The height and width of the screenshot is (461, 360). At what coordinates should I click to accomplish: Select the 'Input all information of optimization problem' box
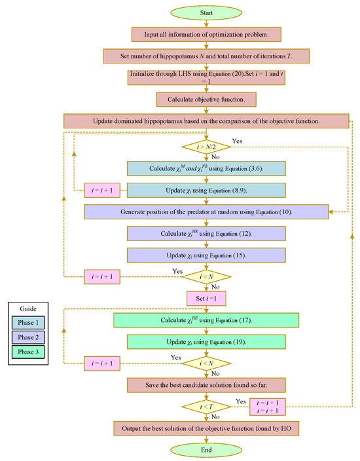(207, 33)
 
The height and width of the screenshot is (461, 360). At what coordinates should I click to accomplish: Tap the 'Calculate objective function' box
(207, 99)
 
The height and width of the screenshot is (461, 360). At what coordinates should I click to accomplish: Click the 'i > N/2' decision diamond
(207, 145)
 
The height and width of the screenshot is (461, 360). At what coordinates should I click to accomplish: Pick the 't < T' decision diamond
(207, 407)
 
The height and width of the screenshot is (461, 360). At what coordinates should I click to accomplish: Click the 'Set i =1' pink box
(207, 298)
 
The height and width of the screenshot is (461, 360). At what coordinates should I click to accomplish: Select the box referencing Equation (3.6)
(207, 168)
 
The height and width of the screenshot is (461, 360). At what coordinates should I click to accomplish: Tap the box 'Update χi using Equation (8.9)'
(207, 189)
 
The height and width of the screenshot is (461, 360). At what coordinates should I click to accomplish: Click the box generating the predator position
(207, 211)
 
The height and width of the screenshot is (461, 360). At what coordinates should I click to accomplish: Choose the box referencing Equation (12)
(207, 233)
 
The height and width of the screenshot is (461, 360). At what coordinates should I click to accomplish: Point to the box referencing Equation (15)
(207, 255)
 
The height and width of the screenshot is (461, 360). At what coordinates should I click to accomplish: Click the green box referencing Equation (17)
(207, 320)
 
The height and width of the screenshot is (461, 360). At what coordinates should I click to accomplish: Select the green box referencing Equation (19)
(207, 342)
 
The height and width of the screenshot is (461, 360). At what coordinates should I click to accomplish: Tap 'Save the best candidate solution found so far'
(207, 384)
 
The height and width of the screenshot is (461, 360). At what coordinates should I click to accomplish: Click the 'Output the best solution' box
(207, 428)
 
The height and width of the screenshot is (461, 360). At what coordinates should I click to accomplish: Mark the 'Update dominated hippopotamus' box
(207, 121)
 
